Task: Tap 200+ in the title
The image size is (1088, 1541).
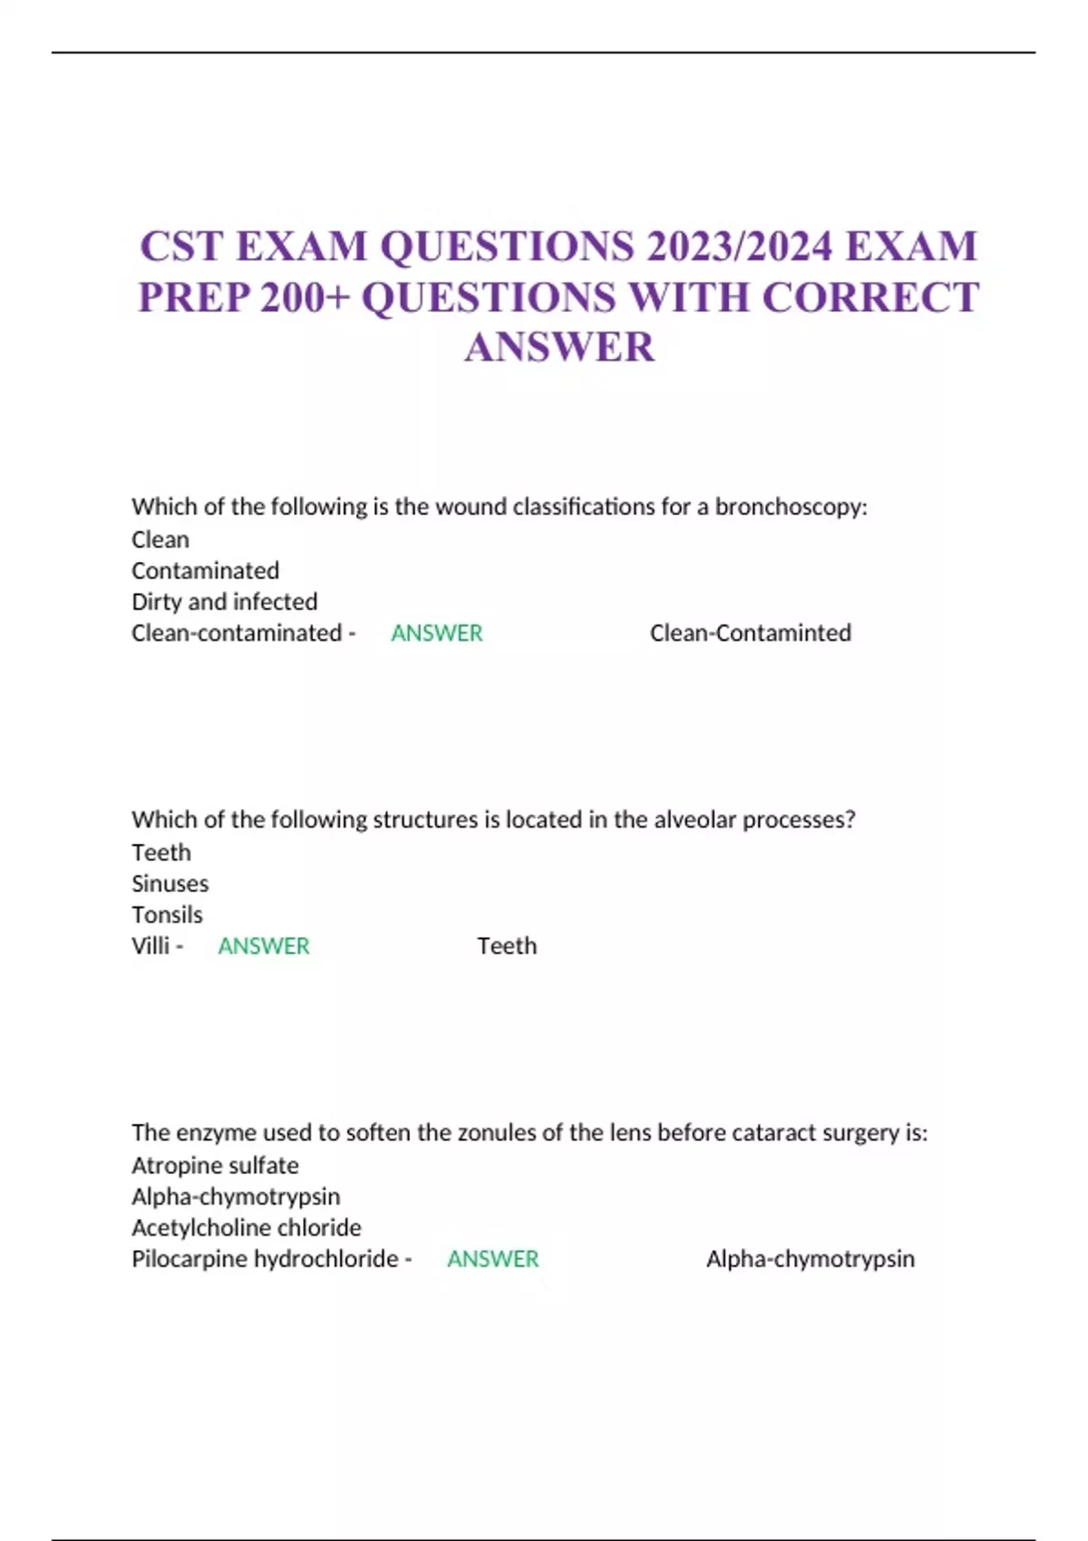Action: pyautogui.click(x=305, y=297)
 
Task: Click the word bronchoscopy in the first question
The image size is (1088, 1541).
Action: pyautogui.click(x=790, y=507)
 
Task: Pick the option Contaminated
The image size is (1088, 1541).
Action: pyautogui.click(x=205, y=571)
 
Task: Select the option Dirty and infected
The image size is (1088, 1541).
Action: pyautogui.click(x=224, y=602)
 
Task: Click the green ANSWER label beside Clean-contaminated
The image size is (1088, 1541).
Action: pyautogui.click(x=436, y=633)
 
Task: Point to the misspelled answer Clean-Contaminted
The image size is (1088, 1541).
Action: pyautogui.click(x=750, y=633)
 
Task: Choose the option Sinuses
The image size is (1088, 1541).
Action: pyautogui.click(x=170, y=884)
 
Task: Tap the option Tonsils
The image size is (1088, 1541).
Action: pyautogui.click(x=167, y=915)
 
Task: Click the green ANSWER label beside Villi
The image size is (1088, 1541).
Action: pyautogui.click(x=263, y=945)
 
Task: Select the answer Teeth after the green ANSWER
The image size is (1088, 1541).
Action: pyautogui.click(x=507, y=945)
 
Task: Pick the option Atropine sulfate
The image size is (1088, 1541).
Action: pyautogui.click(x=215, y=1166)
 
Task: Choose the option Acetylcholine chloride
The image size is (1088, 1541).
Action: pyautogui.click(x=246, y=1227)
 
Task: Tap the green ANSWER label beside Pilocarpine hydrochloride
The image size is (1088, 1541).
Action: pyautogui.click(x=492, y=1258)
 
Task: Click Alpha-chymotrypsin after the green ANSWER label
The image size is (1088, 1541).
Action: pyautogui.click(x=810, y=1258)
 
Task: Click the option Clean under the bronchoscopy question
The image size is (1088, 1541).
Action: pyautogui.click(x=160, y=540)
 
